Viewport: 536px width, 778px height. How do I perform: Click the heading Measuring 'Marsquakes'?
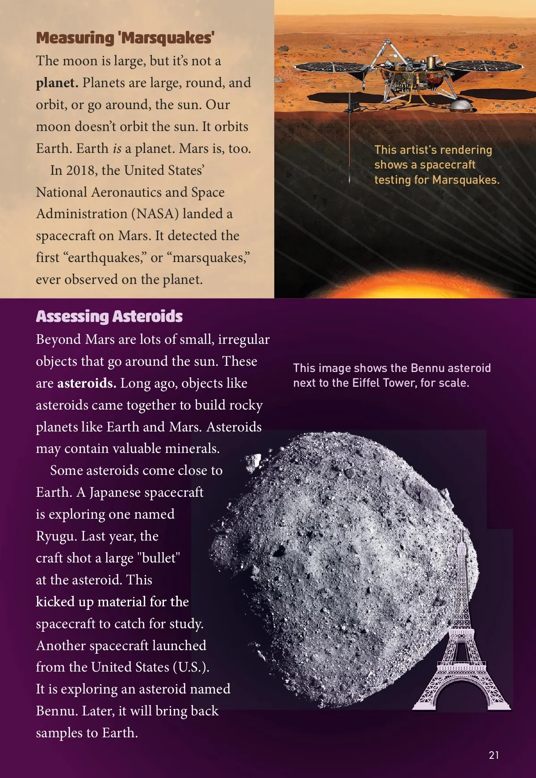tap(125, 38)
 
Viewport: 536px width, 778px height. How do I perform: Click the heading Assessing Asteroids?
tap(109, 317)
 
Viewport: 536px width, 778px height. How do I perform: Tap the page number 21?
tap(494, 755)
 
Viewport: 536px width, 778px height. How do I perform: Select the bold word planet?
tap(57, 83)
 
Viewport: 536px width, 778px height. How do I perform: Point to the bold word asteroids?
tap(87, 383)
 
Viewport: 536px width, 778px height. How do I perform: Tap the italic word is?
tap(117, 148)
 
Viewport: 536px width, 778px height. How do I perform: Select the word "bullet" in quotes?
tap(159, 558)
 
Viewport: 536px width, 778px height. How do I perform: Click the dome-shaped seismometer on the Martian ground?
tap(461, 106)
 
